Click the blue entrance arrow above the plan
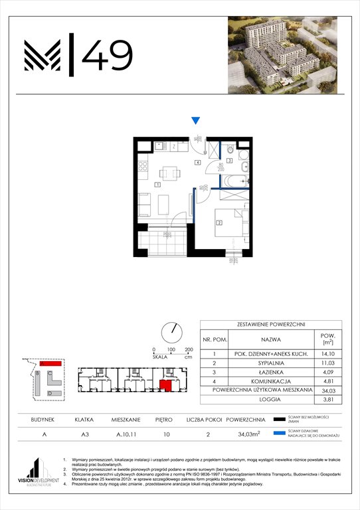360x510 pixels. pyautogui.click(x=195, y=120)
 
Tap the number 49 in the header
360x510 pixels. pyautogui.click(x=106, y=52)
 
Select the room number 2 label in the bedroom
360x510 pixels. pyautogui.click(x=219, y=223)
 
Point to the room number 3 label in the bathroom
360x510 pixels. pyautogui.click(x=229, y=161)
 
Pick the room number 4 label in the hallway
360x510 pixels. pyautogui.click(x=197, y=162)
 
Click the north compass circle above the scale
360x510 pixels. pyautogui.click(x=171, y=331)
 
